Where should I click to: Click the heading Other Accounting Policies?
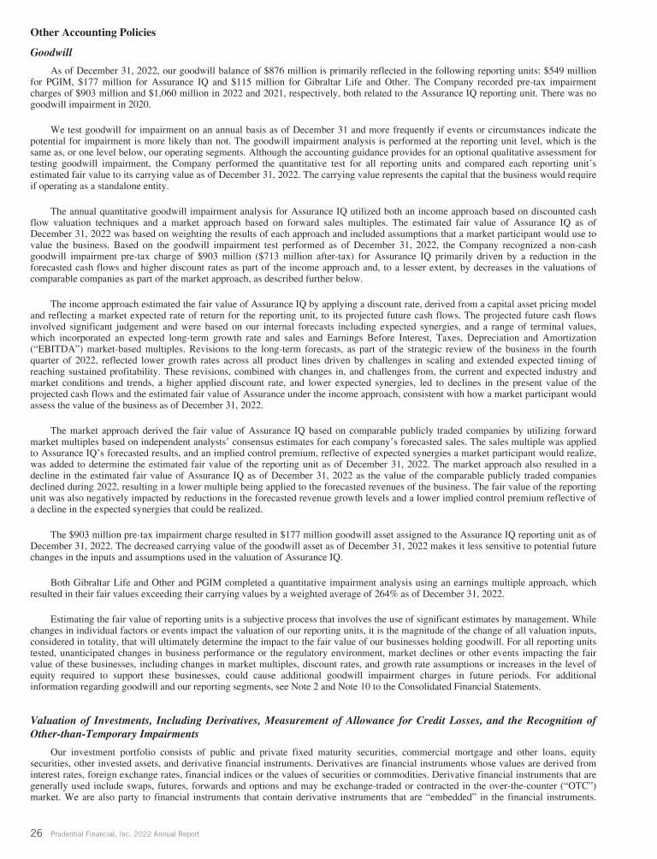tap(92, 33)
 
